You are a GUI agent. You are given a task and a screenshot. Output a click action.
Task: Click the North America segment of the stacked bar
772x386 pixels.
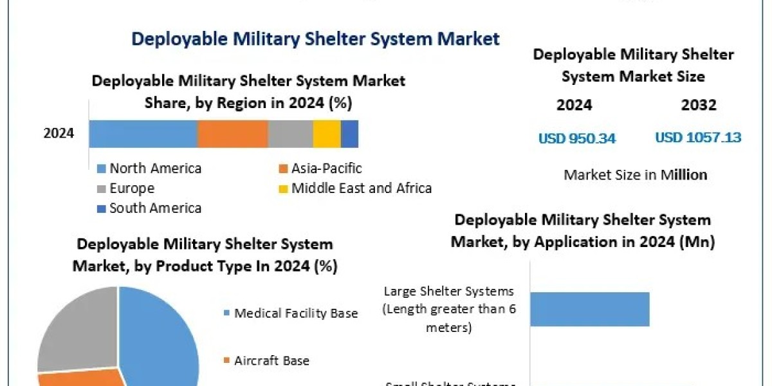pyautogui.click(x=143, y=134)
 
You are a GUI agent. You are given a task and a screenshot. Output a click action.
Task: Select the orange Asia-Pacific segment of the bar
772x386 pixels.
pyautogui.click(x=232, y=134)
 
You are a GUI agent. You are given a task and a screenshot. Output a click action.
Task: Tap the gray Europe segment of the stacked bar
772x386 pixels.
pyautogui.click(x=290, y=134)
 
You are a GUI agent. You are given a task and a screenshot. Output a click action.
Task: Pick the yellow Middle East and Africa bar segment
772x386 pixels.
pyautogui.click(x=327, y=134)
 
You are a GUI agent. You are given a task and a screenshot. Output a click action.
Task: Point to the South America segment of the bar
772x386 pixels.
pyautogui.click(x=349, y=134)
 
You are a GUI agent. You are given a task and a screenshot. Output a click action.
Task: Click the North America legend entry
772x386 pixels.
pyautogui.click(x=154, y=169)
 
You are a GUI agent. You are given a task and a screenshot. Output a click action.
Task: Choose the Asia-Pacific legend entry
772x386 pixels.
pyautogui.click(x=326, y=169)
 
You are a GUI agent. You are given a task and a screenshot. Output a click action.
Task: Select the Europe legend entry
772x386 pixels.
pyautogui.click(x=131, y=188)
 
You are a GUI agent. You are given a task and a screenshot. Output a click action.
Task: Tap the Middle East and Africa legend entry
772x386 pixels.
pyautogui.click(x=360, y=188)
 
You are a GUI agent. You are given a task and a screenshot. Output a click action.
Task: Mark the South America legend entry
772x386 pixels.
pyautogui.click(x=154, y=208)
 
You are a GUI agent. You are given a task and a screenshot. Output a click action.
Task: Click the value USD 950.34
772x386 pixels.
pyautogui.click(x=577, y=138)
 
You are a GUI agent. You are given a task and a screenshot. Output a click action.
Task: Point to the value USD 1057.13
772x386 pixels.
pyautogui.click(x=698, y=138)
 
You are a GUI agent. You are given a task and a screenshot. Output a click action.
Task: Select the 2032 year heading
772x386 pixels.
pyautogui.click(x=698, y=105)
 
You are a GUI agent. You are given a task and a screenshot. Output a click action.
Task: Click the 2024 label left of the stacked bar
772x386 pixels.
pyautogui.click(x=59, y=134)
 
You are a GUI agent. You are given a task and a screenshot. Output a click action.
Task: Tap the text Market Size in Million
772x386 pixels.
pyautogui.click(x=635, y=174)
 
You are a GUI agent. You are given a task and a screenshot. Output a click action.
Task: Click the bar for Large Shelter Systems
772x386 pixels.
pyautogui.click(x=589, y=309)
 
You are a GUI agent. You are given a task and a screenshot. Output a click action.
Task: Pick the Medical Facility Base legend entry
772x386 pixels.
pyautogui.click(x=295, y=313)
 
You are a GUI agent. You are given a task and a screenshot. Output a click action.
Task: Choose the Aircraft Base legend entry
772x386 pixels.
pyautogui.click(x=271, y=360)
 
